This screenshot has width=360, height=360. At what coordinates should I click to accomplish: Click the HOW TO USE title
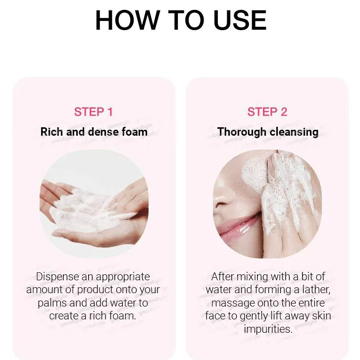click(x=181, y=20)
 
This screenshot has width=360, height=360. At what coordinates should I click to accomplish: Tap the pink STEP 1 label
click(x=93, y=112)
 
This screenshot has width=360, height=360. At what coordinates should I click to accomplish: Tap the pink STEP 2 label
click(x=267, y=112)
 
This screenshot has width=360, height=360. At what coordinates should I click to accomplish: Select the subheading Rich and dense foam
click(x=94, y=132)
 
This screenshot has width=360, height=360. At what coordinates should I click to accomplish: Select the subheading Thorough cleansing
click(x=268, y=132)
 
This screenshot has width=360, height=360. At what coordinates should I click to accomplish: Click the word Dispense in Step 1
click(x=57, y=277)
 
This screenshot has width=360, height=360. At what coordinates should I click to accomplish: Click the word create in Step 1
click(x=63, y=316)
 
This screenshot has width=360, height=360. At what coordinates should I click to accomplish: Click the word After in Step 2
click(x=222, y=277)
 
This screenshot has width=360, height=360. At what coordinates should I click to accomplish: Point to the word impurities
click(x=268, y=329)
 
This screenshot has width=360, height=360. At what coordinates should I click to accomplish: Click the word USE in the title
click(x=240, y=20)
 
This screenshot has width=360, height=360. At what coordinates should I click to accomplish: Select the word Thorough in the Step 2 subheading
click(x=242, y=132)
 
